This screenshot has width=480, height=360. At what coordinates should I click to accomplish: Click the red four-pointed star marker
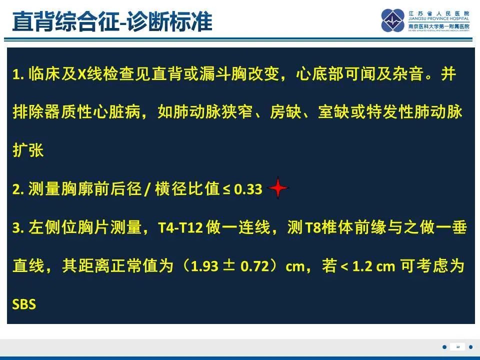278,188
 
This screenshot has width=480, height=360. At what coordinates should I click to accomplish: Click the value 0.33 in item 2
248,189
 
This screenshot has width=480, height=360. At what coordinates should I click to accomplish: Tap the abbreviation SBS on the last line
24,304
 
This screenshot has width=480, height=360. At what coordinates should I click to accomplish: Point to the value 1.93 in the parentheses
204,266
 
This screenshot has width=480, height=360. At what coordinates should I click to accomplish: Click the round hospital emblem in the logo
393,20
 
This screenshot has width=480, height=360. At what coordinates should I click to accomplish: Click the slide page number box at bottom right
457,347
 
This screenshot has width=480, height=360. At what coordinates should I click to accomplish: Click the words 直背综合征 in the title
65,21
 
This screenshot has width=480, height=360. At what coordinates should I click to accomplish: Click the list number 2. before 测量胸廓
18,189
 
